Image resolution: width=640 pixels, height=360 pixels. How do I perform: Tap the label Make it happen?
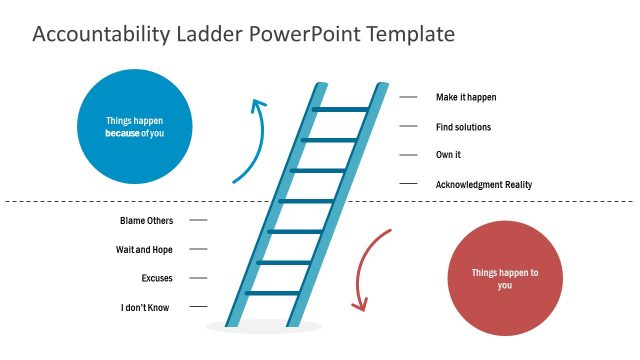pyautogui.click(x=466, y=97)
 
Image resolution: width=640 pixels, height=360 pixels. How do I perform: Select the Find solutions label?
pyautogui.click(x=463, y=127)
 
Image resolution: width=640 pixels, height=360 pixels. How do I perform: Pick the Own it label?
pyautogui.click(x=448, y=155)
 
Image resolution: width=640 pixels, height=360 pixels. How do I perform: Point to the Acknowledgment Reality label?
pyautogui.click(x=484, y=184)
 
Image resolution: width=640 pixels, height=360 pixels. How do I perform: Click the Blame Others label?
pyautogui.click(x=146, y=220)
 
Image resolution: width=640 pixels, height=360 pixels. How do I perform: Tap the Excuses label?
pyautogui.click(x=158, y=278)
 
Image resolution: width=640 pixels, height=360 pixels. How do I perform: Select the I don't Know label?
pyautogui.click(x=145, y=307)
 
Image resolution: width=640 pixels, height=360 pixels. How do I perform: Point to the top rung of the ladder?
pyautogui.click(x=341, y=109)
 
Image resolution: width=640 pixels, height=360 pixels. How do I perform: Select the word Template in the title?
pyautogui.click(x=410, y=34)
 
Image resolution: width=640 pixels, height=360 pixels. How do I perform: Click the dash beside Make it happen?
pyautogui.click(x=408, y=97)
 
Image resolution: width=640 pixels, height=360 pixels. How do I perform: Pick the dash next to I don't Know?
pyautogui.click(x=198, y=307)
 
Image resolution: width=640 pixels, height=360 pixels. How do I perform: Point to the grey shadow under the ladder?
pyautogui.click(x=264, y=327)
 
